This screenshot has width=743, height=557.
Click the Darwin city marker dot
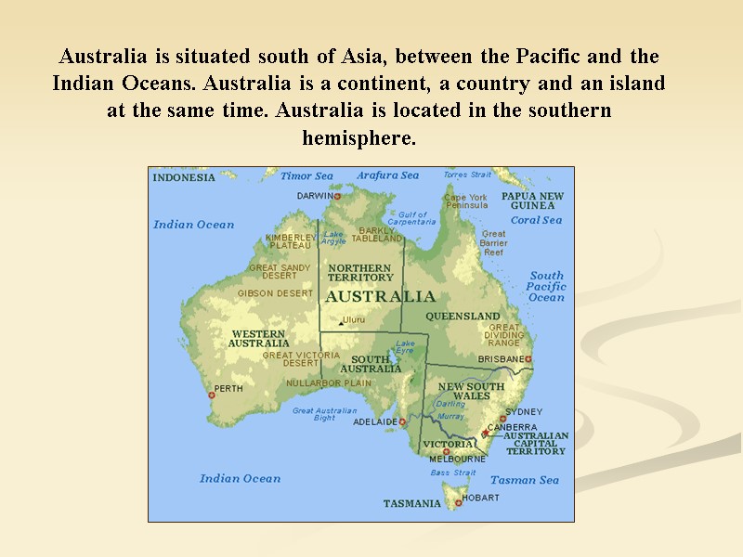337,197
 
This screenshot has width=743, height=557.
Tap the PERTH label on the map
228,388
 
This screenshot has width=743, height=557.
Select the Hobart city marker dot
458,502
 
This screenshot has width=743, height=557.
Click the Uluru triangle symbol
341,323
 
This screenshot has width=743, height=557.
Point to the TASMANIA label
412,504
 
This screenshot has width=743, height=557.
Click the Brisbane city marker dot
528,358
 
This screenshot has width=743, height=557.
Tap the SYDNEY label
524,411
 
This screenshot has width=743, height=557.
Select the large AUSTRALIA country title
380,297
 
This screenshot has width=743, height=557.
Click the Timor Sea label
306,175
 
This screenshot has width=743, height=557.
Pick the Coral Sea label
537,220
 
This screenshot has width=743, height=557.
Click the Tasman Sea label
525,480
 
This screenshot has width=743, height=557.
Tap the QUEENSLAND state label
463,316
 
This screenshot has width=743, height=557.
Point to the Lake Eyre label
405,346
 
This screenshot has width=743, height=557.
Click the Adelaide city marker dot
403,421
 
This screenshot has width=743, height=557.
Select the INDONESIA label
184,177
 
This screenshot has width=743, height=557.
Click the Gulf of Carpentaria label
411,218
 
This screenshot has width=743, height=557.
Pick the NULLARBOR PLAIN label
328,382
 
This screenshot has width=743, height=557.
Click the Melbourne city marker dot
446,452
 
